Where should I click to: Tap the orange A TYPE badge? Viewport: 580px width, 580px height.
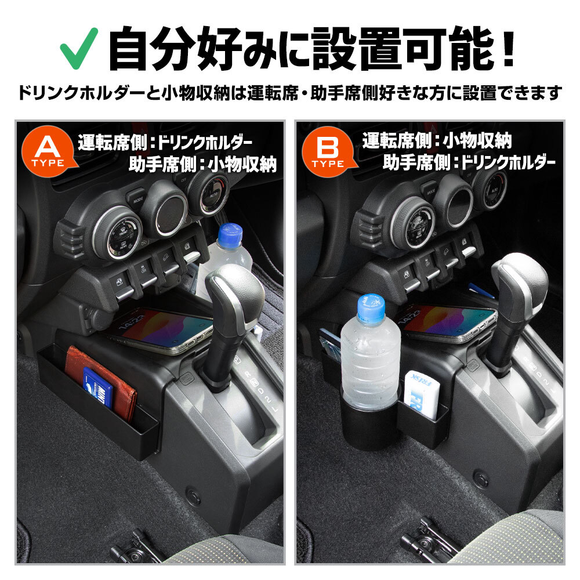[48, 151]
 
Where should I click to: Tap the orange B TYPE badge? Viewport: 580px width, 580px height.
[328, 151]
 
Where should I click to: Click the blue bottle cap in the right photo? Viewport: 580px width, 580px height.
[371, 306]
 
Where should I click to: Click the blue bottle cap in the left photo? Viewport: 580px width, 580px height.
[230, 234]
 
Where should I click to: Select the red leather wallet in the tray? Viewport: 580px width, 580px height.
[100, 380]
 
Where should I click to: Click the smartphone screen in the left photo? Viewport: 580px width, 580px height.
[161, 329]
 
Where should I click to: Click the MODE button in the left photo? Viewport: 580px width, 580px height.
[136, 198]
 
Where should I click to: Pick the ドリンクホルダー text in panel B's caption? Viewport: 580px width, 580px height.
[509, 162]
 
